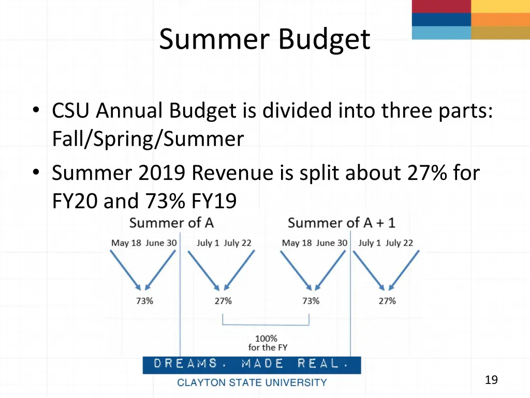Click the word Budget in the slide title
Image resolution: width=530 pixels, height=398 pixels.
point(325,39)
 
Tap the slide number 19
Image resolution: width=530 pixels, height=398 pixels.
point(491,380)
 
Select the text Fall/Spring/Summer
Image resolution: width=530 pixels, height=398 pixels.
point(148,139)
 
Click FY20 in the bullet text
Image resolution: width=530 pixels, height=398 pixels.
point(75,201)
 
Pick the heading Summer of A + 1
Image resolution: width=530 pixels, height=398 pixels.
point(341,223)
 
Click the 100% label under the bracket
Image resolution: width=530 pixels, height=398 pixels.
point(266,339)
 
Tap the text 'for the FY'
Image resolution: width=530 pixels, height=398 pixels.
point(268,348)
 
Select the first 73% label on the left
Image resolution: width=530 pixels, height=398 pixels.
point(144,301)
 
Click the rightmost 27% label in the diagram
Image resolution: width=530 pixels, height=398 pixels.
point(387,301)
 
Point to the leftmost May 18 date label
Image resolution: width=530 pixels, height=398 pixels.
point(126,243)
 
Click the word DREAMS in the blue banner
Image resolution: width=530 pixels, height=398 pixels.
point(185,364)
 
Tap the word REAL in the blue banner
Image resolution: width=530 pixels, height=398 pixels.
point(319,364)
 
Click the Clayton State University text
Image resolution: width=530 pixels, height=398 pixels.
point(252,383)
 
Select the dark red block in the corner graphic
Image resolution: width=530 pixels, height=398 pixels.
point(441,6)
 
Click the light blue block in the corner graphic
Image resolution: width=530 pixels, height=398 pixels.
point(441,33)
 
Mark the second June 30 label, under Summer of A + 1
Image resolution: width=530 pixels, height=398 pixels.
point(331,243)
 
